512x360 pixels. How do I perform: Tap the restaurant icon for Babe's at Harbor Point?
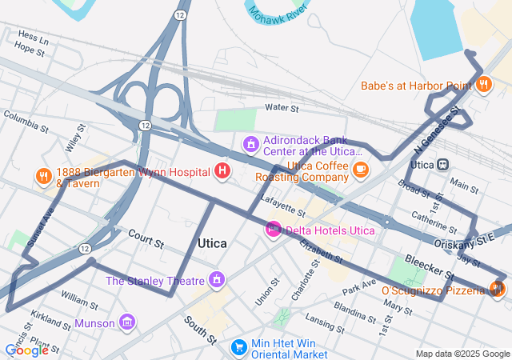coord(483,85)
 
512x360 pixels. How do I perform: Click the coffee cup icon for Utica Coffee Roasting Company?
coord(361,169)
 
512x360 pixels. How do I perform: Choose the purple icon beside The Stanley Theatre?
coord(215,280)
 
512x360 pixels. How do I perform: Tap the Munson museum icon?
coord(126,323)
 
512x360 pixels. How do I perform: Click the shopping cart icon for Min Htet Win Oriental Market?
coord(238,347)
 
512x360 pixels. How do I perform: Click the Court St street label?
coord(146,238)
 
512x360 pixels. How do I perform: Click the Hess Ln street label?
coord(33,37)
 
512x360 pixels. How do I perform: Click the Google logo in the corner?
coord(26,350)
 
